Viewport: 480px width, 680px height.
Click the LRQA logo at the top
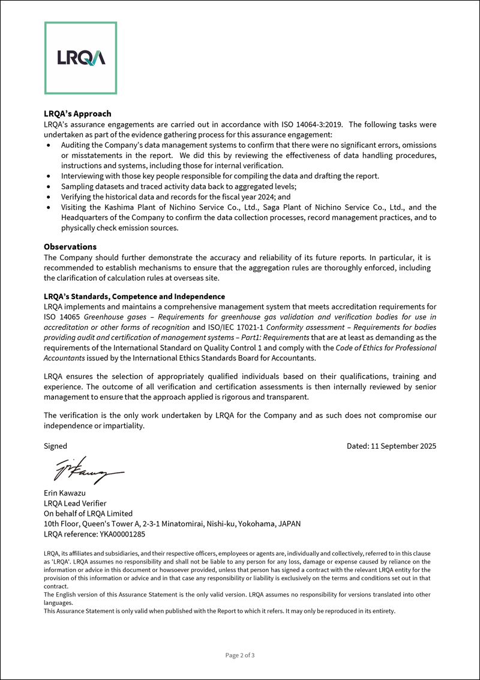point(80,58)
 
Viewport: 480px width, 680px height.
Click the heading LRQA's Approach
point(77,114)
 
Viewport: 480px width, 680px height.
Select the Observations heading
point(70,247)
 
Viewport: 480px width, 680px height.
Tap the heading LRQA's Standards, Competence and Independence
point(134,297)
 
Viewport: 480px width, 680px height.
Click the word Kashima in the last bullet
point(109,207)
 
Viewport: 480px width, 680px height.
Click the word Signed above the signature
point(56,446)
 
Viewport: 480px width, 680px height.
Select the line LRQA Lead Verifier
point(75,503)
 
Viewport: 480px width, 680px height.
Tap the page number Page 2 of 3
point(240,655)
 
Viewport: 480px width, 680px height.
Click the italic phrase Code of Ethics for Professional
point(386,348)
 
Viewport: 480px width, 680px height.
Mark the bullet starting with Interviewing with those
point(220,176)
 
